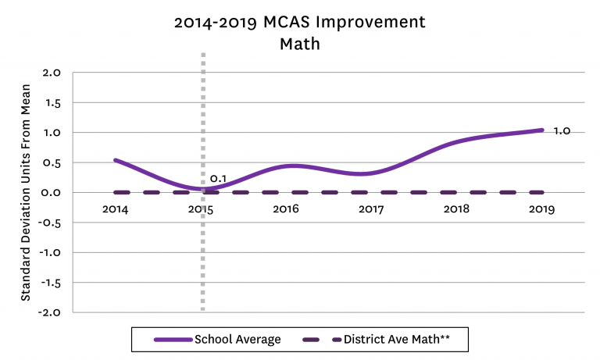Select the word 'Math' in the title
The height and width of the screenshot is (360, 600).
300,44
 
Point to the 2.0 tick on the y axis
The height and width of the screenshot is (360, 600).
52,73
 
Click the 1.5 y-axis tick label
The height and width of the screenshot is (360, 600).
52,102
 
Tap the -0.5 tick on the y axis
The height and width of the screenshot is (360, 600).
49,223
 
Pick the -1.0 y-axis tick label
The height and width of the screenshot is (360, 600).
49,252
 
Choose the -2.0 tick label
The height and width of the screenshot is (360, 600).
49,312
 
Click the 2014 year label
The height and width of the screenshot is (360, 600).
116,209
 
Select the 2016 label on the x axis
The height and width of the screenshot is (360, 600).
286,209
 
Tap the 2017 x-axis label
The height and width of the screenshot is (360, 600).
372,209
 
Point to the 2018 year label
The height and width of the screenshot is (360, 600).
457,209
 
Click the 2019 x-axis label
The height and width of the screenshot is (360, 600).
542,209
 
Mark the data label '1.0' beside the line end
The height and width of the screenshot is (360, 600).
562,131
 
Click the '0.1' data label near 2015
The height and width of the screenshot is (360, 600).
218,179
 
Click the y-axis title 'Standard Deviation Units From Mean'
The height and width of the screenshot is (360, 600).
26,192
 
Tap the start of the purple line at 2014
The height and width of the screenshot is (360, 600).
116,160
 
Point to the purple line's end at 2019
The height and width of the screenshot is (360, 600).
542,130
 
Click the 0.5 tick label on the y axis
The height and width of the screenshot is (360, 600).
52,162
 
